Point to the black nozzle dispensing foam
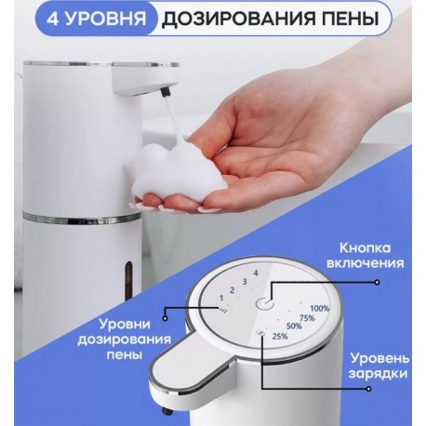(166, 93)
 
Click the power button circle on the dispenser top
(266, 303)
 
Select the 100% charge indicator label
(319, 308)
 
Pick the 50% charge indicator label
(293, 327)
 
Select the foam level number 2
(232, 288)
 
